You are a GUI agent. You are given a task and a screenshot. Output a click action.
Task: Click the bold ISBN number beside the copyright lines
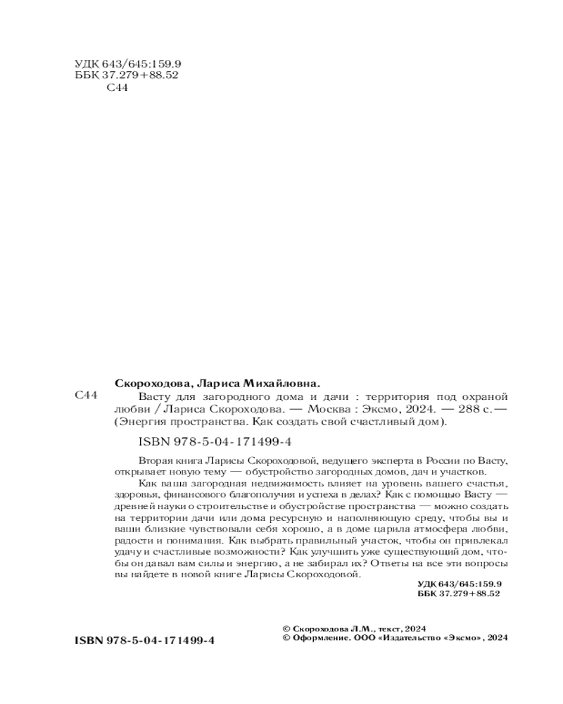coord(144,641)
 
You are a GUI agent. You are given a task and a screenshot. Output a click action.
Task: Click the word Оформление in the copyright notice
coord(315,639)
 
